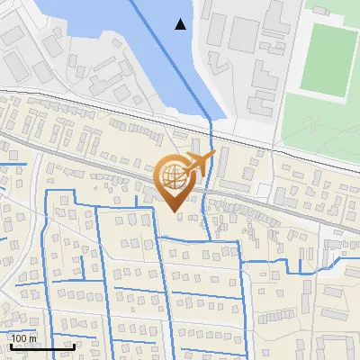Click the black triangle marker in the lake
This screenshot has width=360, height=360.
(x=181, y=24)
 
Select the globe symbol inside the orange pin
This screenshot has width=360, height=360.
(x=175, y=176)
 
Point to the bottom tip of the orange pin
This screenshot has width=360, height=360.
(x=175, y=211)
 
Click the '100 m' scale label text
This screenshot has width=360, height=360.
(x=23, y=338)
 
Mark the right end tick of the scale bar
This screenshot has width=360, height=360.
(x=74, y=346)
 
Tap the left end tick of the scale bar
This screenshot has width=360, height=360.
(x=11, y=346)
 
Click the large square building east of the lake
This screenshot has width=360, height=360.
(x=242, y=33)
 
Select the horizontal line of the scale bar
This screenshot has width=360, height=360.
(x=42, y=346)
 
